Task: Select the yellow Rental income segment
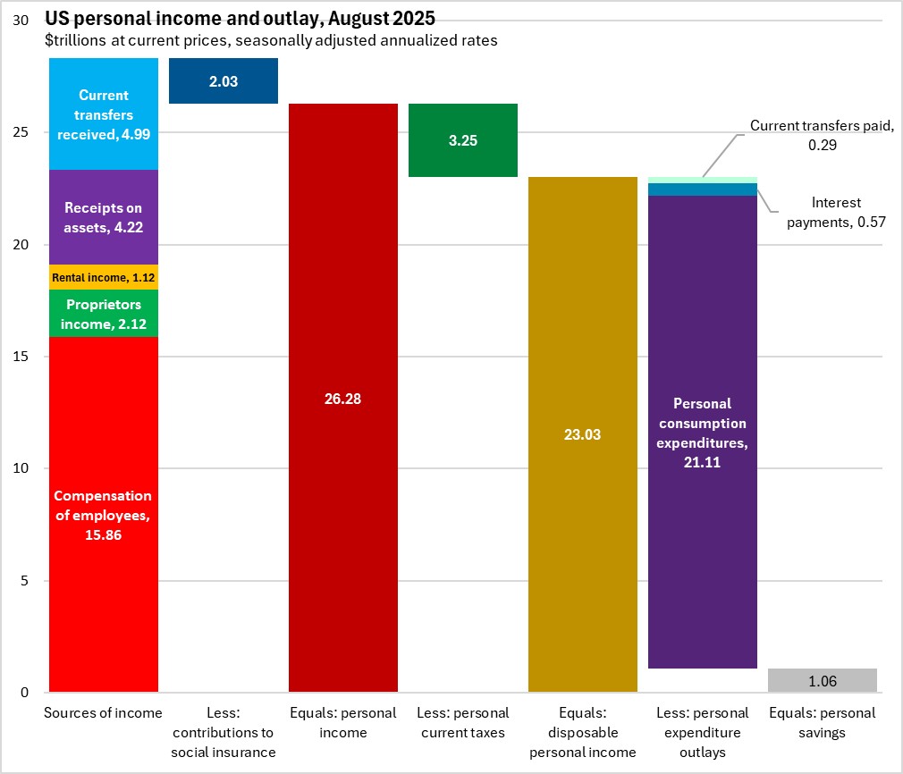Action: pos(104,277)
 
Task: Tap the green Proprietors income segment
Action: pos(104,314)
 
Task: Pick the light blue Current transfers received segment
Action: pos(104,114)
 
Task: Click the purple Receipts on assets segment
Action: pos(104,217)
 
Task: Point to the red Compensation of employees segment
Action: pos(104,514)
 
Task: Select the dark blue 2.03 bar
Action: pos(224,81)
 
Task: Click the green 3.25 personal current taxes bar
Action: pos(463,140)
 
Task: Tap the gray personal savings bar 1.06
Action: pos(823,680)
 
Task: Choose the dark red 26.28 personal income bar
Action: pos(343,398)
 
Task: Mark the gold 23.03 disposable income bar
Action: pos(583,434)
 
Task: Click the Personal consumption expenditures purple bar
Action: pos(703,432)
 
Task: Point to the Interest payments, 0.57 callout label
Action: pos(837,213)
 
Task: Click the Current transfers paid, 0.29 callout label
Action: pos(822,135)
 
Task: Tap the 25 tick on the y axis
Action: pos(26,132)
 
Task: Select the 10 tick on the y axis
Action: pos(26,468)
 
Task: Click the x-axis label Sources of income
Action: pos(104,713)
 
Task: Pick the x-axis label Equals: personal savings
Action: pos(823,723)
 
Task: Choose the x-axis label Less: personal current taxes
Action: pos(463,723)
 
